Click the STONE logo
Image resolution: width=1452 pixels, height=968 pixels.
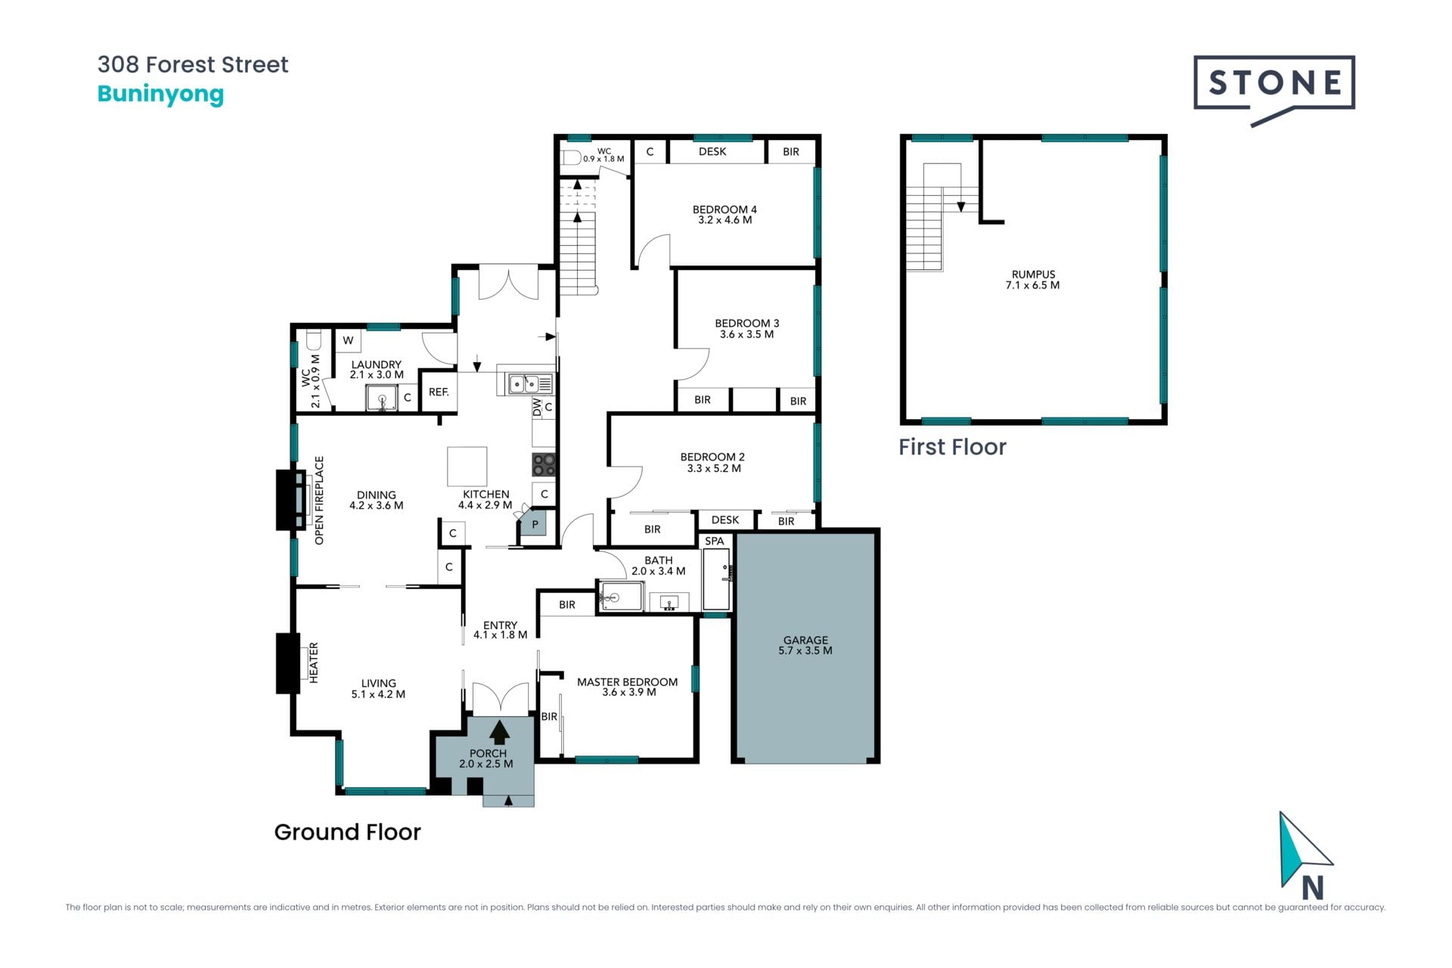[1274, 87]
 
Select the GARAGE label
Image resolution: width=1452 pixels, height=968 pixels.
[805, 640]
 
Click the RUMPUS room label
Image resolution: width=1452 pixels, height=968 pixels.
[1033, 275]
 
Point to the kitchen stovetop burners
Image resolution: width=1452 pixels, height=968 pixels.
[544, 464]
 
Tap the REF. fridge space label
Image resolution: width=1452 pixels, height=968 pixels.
[439, 392]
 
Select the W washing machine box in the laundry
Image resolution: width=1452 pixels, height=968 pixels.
[348, 340]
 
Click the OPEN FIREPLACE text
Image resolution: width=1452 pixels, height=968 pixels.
[319, 500]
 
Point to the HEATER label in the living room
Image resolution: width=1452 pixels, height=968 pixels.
[314, 662]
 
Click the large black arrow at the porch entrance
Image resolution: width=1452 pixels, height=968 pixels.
[499, 731]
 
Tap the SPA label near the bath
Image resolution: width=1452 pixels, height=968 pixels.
[715, 541]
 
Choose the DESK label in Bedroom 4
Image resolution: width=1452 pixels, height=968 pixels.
[712, 151]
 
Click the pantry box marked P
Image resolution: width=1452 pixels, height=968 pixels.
[535, 523]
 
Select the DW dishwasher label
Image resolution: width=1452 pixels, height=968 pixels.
[537, 408]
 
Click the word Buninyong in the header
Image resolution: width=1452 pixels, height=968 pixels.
[161, 94]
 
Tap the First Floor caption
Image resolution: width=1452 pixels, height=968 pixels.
[952, 447]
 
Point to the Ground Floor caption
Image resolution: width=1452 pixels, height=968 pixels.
[347, 832]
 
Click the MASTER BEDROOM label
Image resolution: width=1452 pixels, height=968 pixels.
[627, 681]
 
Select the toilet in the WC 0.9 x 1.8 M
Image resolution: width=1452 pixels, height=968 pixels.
[571, 157]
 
